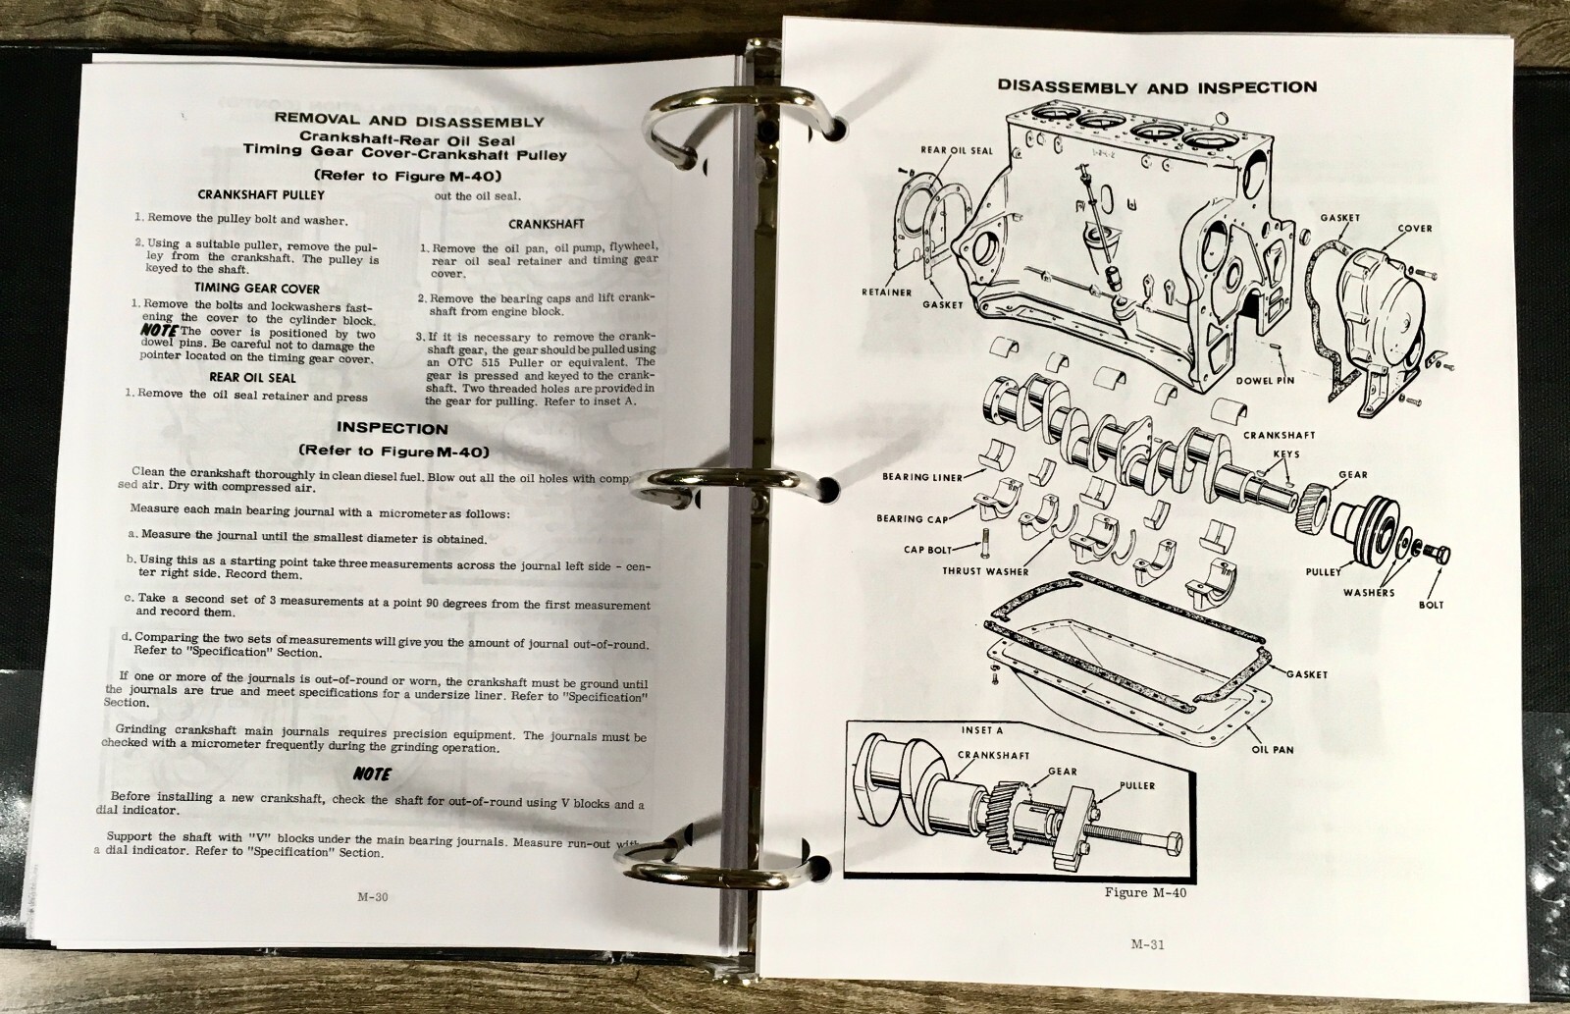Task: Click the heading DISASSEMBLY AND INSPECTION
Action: tap(1157, 87)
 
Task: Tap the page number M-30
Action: tap(372, 896)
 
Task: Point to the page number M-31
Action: tap(1147, 944)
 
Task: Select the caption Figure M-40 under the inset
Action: tap(1145, 892)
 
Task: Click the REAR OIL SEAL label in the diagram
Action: tap(957, 151)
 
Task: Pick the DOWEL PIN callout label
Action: tap(1265, 381)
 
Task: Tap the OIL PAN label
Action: tap(1273, 749)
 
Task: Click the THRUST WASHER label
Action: tap(985, 571)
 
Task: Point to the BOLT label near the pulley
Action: tap(1431, 605)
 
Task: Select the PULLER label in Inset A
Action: tap(1137, 785)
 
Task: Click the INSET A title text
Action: tap(982, 730)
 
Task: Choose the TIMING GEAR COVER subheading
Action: tap(256, 289)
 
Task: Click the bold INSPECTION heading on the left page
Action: tap(392, 428)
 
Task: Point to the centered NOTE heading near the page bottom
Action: tap(372, 774)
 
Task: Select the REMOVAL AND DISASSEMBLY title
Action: tap(408, 121)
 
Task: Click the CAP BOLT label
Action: tap(927, 550)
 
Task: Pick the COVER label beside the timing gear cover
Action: tap(1415, 229)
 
